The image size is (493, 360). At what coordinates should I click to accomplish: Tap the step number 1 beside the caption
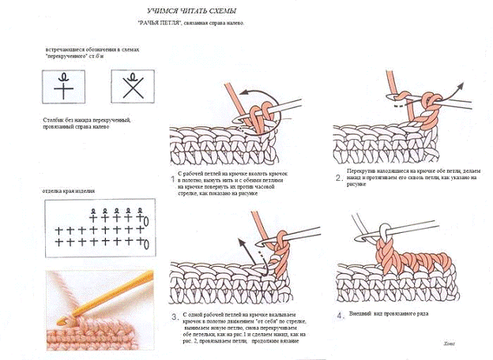[174, 180]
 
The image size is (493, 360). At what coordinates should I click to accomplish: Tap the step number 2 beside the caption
[337, 178]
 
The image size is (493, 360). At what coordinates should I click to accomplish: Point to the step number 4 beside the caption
[339, 316]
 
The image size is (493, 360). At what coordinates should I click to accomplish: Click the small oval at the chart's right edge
[142, 219]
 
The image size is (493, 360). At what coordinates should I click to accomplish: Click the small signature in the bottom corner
[450, 342]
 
